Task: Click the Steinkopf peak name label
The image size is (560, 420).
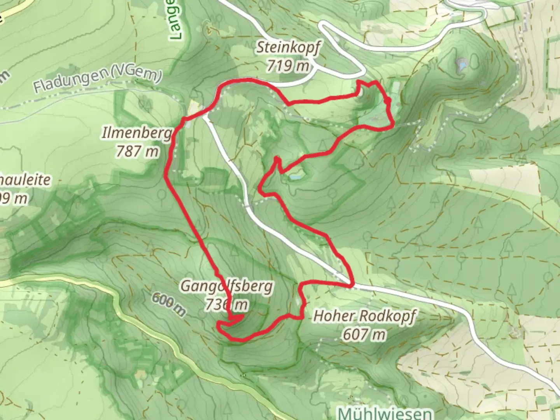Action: click(x=288, y=48)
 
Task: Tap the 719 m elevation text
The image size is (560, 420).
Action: click(x=288, y=66)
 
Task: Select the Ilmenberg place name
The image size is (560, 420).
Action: click(x=136, y=134)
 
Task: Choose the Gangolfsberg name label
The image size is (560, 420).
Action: click(x=227, y=287)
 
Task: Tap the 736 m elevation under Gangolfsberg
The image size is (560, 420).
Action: click(x=227, y=304)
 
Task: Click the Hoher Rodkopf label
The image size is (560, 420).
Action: click(x=364, y=316)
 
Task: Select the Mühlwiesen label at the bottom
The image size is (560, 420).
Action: click(x=385, y=413)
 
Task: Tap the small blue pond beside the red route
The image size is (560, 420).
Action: click(x=294, y=177)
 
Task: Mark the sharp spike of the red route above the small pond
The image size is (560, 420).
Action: click(x=277, y=159)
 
